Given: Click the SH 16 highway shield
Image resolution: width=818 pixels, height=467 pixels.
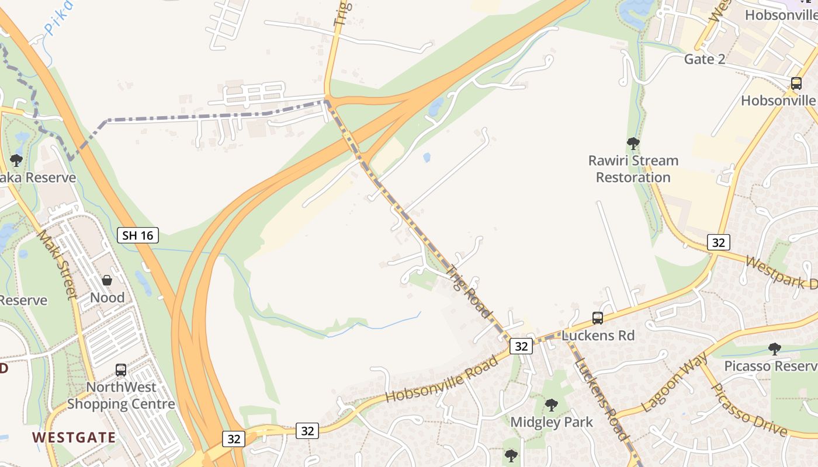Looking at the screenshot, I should pos(138,235).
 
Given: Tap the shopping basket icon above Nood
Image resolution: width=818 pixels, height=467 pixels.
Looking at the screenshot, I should pos(107,280).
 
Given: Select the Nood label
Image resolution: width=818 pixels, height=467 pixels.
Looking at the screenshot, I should pos(107,298).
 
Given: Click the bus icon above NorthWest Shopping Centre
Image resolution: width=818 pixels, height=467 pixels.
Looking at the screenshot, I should pos(121,370).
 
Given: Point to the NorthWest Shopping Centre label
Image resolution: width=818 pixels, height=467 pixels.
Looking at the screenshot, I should pos(121,395).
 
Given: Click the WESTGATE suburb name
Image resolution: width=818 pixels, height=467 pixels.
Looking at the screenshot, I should pos(74,437).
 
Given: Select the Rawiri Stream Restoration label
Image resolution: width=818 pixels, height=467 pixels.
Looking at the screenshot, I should pos(633,169).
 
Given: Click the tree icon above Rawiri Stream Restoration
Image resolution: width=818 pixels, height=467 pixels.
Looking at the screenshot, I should pos(633,143).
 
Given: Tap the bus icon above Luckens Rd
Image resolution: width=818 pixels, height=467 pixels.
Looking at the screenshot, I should pos(597,318).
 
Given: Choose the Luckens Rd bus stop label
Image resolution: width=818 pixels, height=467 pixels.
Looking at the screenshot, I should pos(597,336).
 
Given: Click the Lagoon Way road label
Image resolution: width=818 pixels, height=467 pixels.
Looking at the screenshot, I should pos(674,382).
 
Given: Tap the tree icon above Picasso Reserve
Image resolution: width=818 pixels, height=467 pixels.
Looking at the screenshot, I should pos(774,349).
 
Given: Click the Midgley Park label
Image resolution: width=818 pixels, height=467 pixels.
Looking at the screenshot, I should pos(552,422).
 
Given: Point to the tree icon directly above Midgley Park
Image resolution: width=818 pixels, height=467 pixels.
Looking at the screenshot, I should pos(551,405).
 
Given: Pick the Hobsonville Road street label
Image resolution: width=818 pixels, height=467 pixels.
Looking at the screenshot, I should pos(442,378).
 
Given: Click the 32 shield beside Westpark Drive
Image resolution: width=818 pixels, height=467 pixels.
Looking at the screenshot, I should pos(718,242).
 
